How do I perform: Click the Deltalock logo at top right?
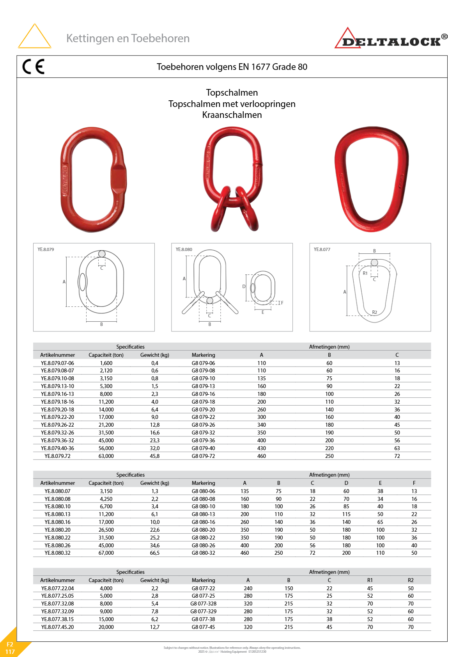pyautogui.click(x=391, y=39)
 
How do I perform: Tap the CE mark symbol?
pyautogui.click(x=34, y=66)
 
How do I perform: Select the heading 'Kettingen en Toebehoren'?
pyautogui.click(x=128, y=38)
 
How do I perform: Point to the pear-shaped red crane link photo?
pyautogui.click(x=371, y=178)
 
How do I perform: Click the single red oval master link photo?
pyautogui.click(x=93, y=179)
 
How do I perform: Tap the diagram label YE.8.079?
pyautogui.click(x=46, y=249)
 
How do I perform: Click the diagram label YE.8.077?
pyautogui.click(x=322, y=249)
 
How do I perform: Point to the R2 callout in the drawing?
pyautogui.click(x=374, y=312)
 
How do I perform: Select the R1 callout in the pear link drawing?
pyautogui.click(x=365, y=273)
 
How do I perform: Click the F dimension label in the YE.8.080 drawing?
pyautogui.click(x=282, y=303)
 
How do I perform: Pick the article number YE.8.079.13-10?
pyautogui.click(x=57, y=386)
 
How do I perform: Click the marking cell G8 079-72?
pyautogui.click(x=203, y=456)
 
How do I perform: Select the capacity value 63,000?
pyautogui.click(x=106, y=456)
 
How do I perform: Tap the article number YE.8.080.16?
pyautogui.click(x=57, y=522)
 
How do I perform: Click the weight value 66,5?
pyautogui.click(x=155, y=553)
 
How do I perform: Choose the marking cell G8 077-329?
pyautogui.click(x=203, y=611)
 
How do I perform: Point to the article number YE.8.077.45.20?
pyautogui.click(x=57, y=627)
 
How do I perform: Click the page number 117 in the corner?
pyautogui.click(x=10, y=652)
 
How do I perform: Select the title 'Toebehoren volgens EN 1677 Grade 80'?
pyautogui.click(x=232, y=67)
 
